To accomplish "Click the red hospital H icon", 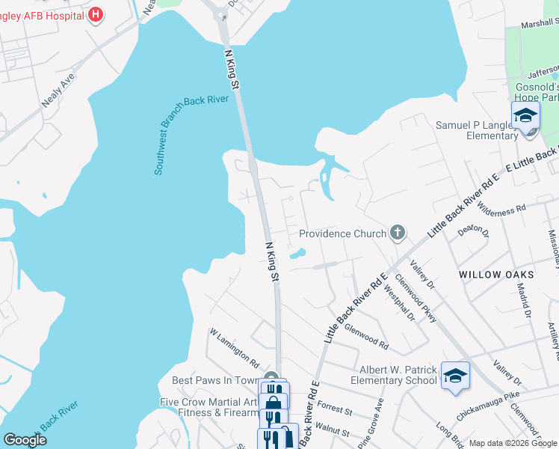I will point(96,14).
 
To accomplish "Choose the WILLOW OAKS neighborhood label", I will point(491,275).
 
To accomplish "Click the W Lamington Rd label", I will point(233,345).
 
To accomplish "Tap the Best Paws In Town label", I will point(215,381).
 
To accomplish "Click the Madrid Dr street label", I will point(528,302).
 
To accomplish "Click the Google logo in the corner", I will point(25,439).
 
